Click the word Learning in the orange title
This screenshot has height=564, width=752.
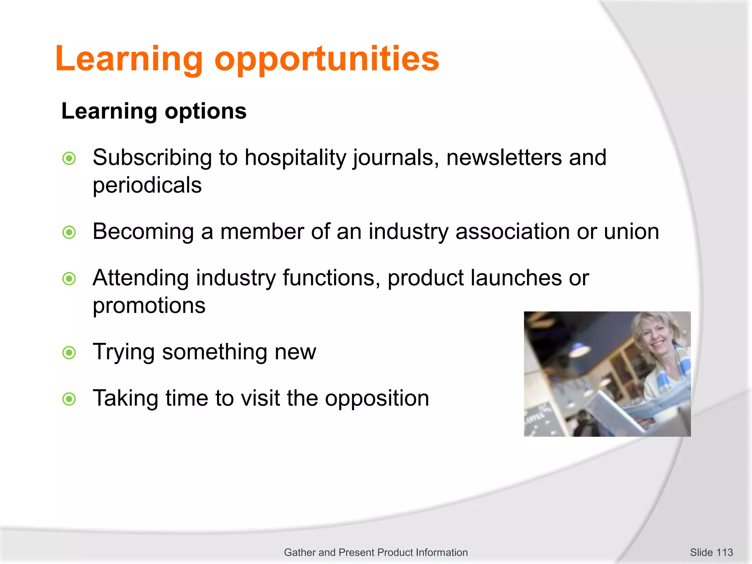pos(129,59)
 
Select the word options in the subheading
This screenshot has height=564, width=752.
pos(206,111)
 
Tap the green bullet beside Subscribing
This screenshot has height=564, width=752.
pos(69,159)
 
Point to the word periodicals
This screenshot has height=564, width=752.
pos(147,185)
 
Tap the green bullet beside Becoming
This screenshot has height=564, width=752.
pos(69,232)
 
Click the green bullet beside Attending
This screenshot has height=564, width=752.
pos(69,279)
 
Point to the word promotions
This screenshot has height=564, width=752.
pos(149,306)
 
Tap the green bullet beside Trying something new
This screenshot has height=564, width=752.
pos(69,353)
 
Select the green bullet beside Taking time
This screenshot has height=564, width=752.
pos(69,399)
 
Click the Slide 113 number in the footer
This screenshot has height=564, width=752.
pos(711,552)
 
